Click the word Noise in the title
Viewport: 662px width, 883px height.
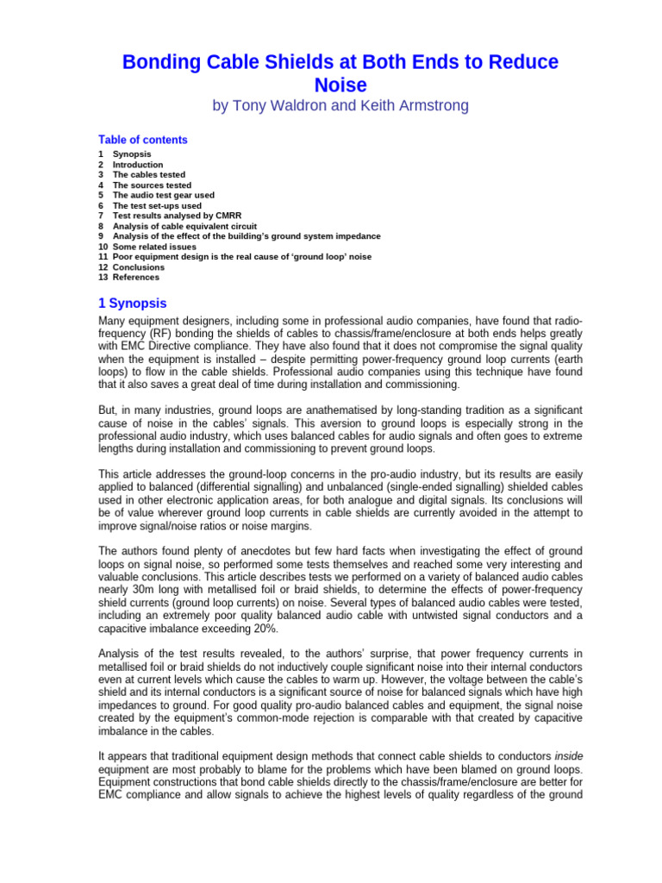point(340,85)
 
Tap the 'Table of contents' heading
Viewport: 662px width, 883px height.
point(142,140)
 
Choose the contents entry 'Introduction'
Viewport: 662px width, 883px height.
point(138,164)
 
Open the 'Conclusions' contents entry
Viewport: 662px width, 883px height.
point(139,267)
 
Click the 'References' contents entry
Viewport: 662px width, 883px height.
point(136,278)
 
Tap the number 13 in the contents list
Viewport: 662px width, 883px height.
point(103,278)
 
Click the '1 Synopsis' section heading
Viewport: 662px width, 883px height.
point(133,304)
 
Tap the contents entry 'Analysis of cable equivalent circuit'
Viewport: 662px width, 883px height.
point(184,226)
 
